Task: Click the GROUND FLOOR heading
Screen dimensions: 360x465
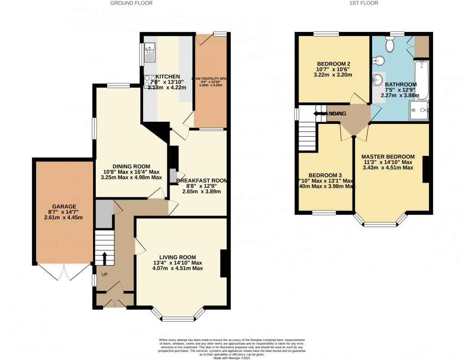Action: [x=131, y=3]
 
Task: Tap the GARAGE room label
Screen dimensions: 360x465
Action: [x=64, y=206]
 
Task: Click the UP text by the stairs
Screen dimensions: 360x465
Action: [x=105, y=275]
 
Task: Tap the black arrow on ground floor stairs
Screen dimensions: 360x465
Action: [x=104, y=258]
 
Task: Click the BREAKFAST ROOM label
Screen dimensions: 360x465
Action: [x=201, y=180]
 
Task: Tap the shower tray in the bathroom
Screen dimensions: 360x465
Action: [x=418, y=111]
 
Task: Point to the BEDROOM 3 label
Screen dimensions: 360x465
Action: [x=325, y=175]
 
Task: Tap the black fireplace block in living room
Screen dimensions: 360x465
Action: [x=223, y=263]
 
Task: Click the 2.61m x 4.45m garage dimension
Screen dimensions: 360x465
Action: [x=64, y=217]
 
